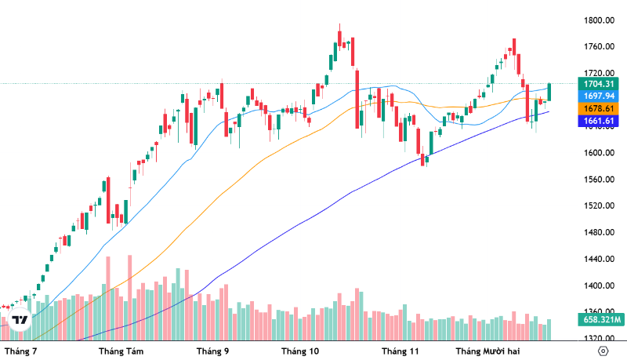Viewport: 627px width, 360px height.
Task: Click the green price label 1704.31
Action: [x=599, y=83]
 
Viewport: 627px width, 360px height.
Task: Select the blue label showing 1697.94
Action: [x=599, y=96]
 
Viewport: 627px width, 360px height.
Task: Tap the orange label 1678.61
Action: [x=599, y=108]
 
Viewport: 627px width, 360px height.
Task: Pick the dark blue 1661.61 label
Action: [x=599, y=121]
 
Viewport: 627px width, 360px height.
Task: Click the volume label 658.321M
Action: [x=599, y=319]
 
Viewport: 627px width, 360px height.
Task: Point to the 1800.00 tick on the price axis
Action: [x=599, y=20]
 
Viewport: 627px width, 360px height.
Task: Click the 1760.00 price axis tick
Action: [x=599, y=47]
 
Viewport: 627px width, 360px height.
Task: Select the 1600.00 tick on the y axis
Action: [x=599, y=153]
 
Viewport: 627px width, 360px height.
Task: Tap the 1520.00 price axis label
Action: [x=599, y=205]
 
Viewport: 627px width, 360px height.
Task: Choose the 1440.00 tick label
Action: [x=599, y=259]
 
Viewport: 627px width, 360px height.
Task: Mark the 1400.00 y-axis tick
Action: [x=599, y=285]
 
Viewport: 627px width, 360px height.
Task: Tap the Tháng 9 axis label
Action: [x=212, y=351]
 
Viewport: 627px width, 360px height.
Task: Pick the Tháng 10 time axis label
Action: [x=300, y=351]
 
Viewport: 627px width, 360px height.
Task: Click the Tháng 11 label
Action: [x=400, y=351]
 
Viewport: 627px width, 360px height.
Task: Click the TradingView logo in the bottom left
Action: [x=20, y=320]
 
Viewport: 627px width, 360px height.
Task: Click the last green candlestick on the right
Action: [x=550, y=92]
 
